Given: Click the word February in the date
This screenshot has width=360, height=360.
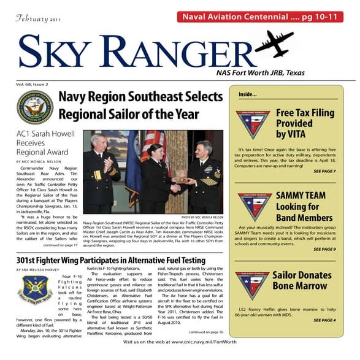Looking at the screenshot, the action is [x=33, y=19].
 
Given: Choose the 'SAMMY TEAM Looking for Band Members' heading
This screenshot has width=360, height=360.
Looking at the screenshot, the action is [x=303, y=207].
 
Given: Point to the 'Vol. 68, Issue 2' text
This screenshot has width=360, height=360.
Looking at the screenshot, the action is [x=33, y=83].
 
